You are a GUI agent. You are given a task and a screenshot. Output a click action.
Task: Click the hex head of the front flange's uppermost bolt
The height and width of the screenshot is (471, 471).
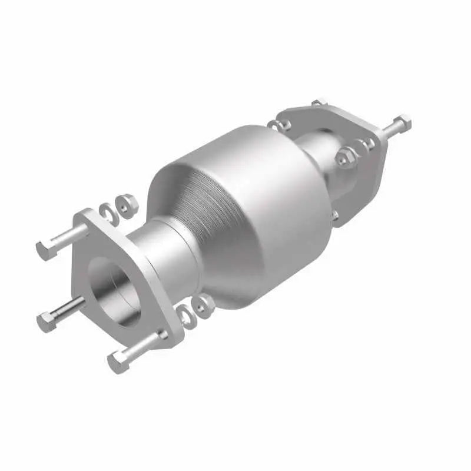pos(44,250)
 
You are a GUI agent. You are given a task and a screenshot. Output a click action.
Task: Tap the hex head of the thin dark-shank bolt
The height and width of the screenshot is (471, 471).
pos(46,321)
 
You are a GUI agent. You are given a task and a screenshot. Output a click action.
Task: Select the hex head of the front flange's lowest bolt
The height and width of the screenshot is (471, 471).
pos(118,361)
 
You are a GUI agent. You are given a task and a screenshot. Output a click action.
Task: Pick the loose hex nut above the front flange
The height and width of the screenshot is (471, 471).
pos(126,203)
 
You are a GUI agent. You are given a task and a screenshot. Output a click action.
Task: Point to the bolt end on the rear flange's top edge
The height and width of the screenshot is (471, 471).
pos(318,103)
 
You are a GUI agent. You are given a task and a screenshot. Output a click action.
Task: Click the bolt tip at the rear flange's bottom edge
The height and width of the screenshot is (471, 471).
pos(335,215)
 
